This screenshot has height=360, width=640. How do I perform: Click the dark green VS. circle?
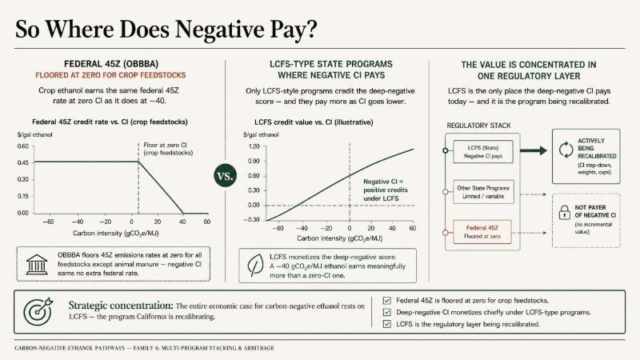click(x=225, y=176)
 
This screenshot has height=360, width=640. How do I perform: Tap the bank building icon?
click(x=37, y=265)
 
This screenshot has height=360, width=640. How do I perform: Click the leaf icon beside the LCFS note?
click(x=255, y=266)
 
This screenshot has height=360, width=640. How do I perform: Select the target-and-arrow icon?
click(x=38, y=311)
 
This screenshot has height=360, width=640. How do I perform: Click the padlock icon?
click(x=565, y=212)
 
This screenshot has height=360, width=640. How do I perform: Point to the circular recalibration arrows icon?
click(x=566, y=150)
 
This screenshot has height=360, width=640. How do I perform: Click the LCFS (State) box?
click(x=483, y=151)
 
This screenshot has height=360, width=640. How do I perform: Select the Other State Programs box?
click(x=483, y=192)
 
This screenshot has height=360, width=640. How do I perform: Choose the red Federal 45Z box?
click(x=482, y=232)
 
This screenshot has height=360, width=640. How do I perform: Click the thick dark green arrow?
click(x=533, y=150)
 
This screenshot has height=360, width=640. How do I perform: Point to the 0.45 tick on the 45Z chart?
click(x=23, y=162)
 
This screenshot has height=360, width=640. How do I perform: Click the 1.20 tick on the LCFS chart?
click(x=254, y=146)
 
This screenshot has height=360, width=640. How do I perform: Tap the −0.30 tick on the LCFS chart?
click(x=252, y=219)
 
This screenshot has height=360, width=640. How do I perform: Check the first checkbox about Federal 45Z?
click(x=387, y=301)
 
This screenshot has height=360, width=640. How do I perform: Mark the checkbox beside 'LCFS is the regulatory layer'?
click(x=387, y=324)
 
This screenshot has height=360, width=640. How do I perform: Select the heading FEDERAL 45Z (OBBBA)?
click(x=111, y=64)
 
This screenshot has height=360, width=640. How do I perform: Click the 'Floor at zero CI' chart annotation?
click(x=168, y=149)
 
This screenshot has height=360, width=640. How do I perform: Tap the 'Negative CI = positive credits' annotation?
click(x=386, y=190)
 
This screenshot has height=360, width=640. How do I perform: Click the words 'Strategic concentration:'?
click(x=121, y=306)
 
